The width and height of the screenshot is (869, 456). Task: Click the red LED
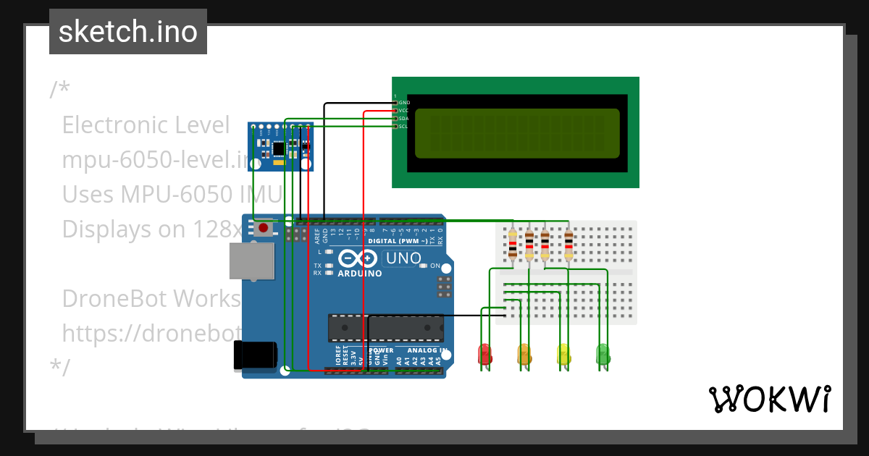(484, 354)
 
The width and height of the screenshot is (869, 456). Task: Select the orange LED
(524, 354)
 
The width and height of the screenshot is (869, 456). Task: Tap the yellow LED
(563, 354)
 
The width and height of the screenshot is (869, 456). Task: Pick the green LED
(603, 354)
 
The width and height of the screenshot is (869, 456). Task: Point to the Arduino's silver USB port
(251, 261)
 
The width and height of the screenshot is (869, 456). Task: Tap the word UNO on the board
(403, 258)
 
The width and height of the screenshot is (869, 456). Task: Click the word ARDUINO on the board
(359, 274)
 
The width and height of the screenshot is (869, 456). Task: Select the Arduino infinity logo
(358, 258)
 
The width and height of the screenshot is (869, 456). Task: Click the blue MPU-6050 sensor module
(281, 146)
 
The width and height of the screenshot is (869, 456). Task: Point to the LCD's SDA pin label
(403, 118)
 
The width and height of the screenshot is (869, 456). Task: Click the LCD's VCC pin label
(403, 110)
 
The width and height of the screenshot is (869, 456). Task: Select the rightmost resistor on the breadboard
(568, 244)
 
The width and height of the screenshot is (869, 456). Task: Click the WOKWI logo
(769, 399)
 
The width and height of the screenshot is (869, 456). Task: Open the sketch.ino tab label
(128, 32)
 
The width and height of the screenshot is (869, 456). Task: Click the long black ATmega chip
(385, 328)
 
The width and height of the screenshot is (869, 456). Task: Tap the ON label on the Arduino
(435, 266)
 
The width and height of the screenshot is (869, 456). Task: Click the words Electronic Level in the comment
(146, 125)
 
